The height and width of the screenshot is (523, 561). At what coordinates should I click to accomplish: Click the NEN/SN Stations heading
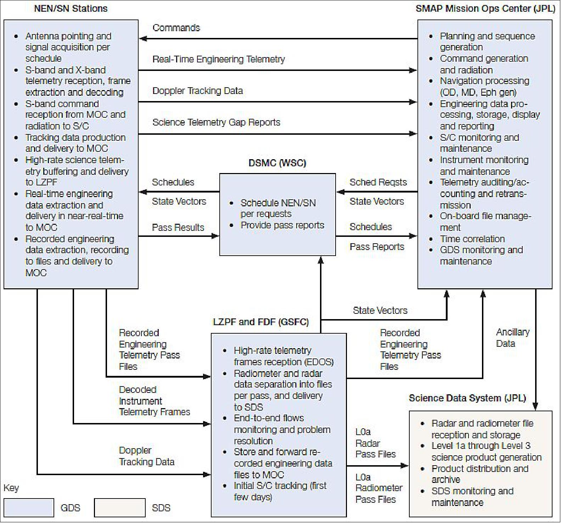point(71,9)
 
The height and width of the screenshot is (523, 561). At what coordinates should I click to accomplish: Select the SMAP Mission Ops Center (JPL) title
point(485,9)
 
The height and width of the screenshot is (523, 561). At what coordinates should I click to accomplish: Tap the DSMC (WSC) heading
point(277,163)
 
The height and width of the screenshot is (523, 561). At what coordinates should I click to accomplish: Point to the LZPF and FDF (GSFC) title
point(260,322)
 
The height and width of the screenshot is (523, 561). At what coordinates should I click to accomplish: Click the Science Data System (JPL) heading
point(467,398)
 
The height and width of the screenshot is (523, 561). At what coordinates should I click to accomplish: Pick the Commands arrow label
point(176,28)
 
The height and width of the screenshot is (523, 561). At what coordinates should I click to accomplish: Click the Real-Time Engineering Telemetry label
point(218,59)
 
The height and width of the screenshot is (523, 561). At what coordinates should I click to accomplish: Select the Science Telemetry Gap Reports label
point(216,122)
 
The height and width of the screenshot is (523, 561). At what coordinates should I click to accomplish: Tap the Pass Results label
point(178,227)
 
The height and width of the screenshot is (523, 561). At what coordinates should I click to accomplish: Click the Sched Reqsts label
point(378,182)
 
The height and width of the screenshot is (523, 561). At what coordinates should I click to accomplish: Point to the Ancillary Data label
point(512,338)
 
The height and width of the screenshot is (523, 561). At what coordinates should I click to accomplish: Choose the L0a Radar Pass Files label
point(375,443)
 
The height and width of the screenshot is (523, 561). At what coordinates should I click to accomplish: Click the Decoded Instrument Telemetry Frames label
point(154,401)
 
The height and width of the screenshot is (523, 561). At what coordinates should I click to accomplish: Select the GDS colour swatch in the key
point(29,508)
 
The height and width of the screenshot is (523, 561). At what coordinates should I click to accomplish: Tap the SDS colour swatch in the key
point(119,508)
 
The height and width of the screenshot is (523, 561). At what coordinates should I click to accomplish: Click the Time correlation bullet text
point(472,239)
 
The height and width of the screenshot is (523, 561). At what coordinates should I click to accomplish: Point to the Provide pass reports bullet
point(282,225)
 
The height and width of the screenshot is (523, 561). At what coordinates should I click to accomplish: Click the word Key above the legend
point(11,488)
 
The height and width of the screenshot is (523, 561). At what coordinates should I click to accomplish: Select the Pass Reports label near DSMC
point(377,247)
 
